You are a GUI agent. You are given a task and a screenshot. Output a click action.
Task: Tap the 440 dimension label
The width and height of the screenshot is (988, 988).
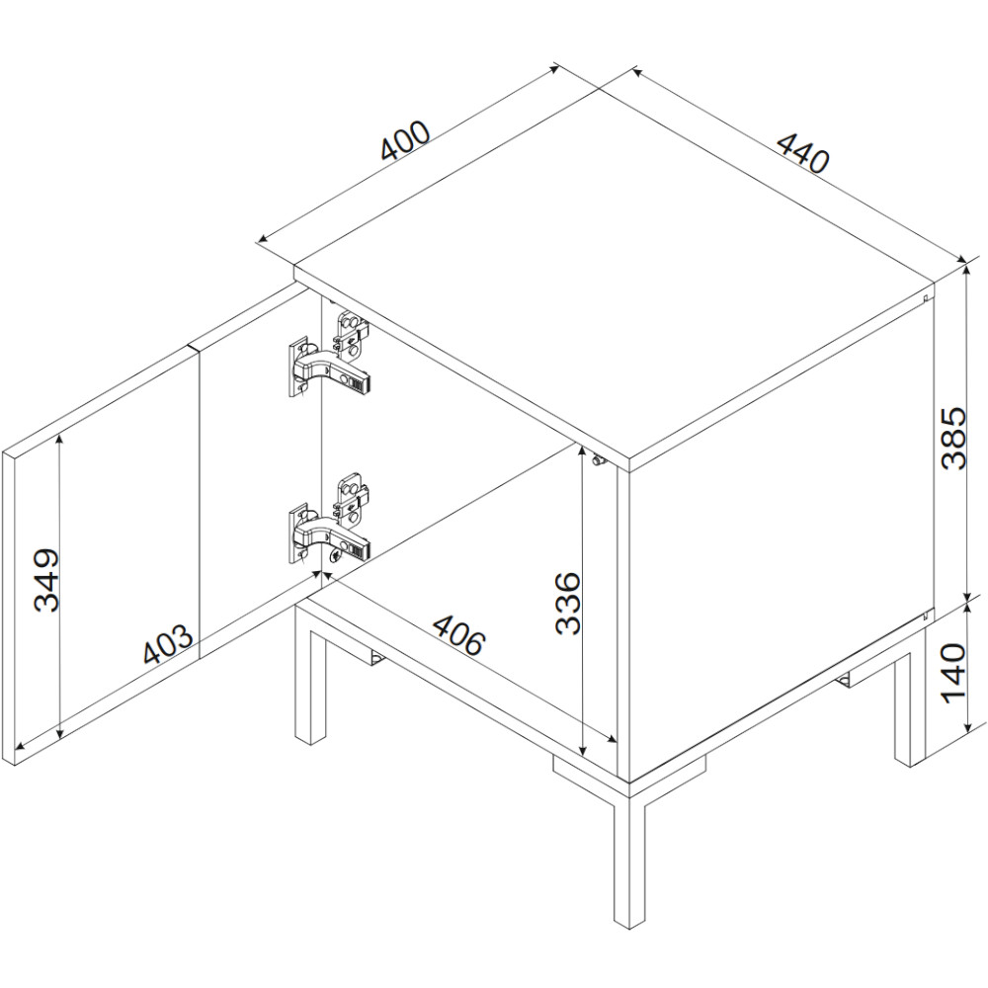[x=802, y=153]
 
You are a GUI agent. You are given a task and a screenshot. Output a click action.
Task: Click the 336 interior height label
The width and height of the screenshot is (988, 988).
[x=569, y=603]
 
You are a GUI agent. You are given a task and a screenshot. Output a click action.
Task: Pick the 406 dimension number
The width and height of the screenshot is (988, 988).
[x=459, y=633]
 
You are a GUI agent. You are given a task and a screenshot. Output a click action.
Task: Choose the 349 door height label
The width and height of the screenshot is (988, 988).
[x=46, y=580]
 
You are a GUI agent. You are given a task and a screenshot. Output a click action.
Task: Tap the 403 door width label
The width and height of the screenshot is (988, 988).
[x=168, y=644]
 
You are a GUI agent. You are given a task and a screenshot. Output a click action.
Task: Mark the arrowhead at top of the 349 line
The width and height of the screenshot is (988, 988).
[x=60, y=441]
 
